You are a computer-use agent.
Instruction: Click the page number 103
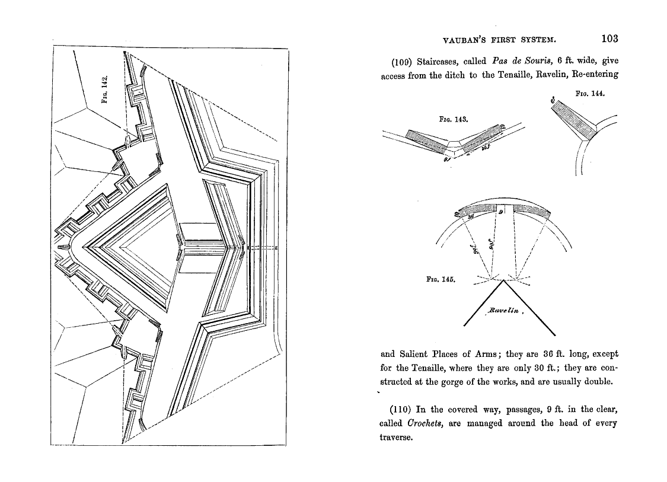coord(609,39)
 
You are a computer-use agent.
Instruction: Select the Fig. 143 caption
coord(454,119)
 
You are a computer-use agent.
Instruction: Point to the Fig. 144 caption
coord(589,94)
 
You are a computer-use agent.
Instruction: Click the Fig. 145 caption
coord(441,277)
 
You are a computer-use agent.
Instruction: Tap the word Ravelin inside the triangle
coord(503,310)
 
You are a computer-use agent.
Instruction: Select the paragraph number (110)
coord(401,409)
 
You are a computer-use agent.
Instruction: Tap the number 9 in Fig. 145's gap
coord(500,212)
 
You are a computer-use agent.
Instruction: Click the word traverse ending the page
coord(395,438)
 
